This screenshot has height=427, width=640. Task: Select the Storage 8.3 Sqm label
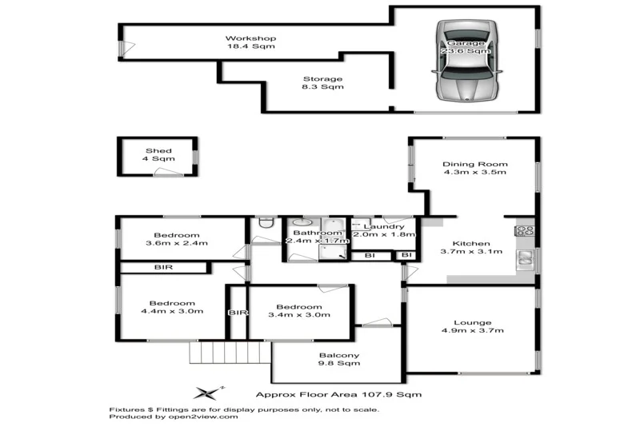[322, 83]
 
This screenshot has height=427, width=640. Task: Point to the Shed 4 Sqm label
[158, 155]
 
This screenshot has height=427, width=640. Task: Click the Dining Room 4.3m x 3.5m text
[475, 170]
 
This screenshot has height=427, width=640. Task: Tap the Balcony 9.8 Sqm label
[339, 359]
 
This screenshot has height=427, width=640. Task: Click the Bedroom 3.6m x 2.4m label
[177, 239]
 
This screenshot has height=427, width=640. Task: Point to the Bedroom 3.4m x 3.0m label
[299, 311]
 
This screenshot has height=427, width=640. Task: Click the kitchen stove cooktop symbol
[526, 232]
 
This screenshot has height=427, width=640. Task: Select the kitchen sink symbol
[526, 257]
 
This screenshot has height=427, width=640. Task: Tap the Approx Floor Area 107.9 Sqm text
[338, 394]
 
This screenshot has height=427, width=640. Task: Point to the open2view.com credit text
[174, 417]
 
